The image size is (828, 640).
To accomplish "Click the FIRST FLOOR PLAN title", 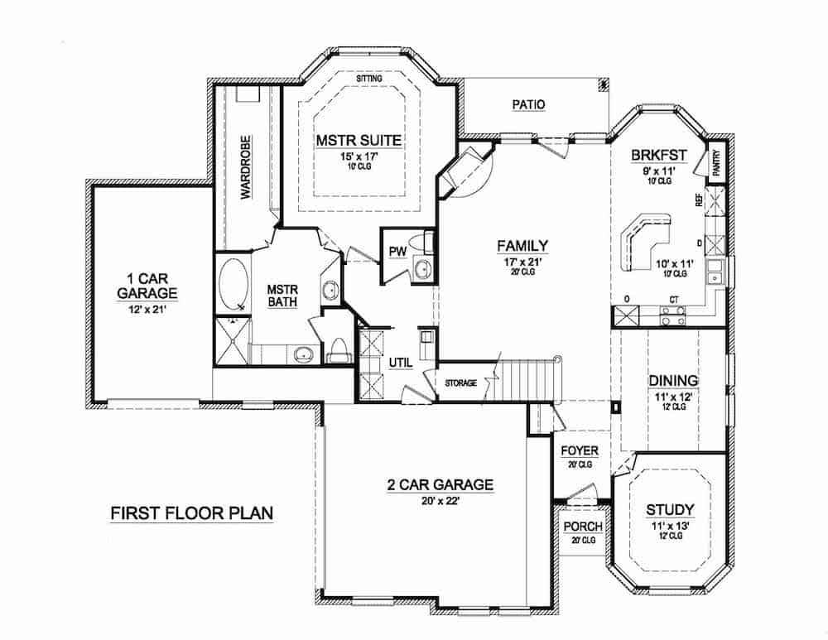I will [192, 513].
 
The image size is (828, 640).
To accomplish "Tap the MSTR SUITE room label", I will [359, 141].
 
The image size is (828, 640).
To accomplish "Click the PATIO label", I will [527, 105].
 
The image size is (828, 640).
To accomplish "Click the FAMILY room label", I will [522, 245].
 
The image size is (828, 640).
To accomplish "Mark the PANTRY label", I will [715, 162].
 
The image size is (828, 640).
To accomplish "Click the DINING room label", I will [673, 381].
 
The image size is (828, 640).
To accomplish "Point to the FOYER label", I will [580, 450].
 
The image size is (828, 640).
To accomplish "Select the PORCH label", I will [583, 527].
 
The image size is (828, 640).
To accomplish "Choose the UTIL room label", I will [400, 363].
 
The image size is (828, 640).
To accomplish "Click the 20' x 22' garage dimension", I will [440, 500].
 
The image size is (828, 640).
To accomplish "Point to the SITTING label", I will [369, 79].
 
